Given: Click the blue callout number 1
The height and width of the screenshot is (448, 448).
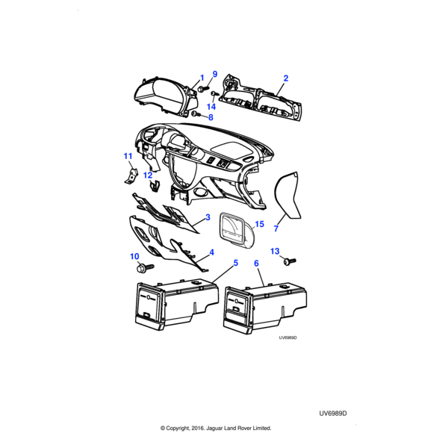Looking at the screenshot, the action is click(x=202, y=78).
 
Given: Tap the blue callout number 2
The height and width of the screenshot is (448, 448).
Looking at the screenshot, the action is click(x=286, y=78).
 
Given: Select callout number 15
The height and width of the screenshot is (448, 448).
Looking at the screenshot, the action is click(x=259, y=224).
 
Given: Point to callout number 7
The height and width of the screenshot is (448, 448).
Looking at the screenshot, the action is click(x=276, y=228).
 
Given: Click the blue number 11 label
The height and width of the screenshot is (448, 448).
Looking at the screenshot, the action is click(x=128, y=156).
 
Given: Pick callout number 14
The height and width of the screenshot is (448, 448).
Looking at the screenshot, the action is click(x=211, y=107).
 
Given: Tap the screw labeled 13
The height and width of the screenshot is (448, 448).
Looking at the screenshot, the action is click(x=290, y=261).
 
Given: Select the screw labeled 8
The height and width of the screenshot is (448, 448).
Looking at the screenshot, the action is click(x=196, y=114).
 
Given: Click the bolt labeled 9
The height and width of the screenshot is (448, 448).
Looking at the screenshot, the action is click(x=203, y=88).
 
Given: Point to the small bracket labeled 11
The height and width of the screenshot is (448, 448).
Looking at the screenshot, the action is click(x=131, y=176).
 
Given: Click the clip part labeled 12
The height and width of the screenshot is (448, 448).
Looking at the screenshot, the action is click(x=155, y=186).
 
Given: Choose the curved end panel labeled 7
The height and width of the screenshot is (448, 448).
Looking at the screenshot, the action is click(x=286, y=196).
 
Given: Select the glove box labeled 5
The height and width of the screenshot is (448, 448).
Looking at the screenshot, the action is click(x=176, y=305).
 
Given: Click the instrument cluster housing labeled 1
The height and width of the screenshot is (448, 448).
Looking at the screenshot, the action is click(x=166, y=96).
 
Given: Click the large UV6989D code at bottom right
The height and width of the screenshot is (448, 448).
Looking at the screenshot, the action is click(x=333, y=414).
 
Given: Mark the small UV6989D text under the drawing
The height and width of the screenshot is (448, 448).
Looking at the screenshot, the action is click(x=287, y=337).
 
